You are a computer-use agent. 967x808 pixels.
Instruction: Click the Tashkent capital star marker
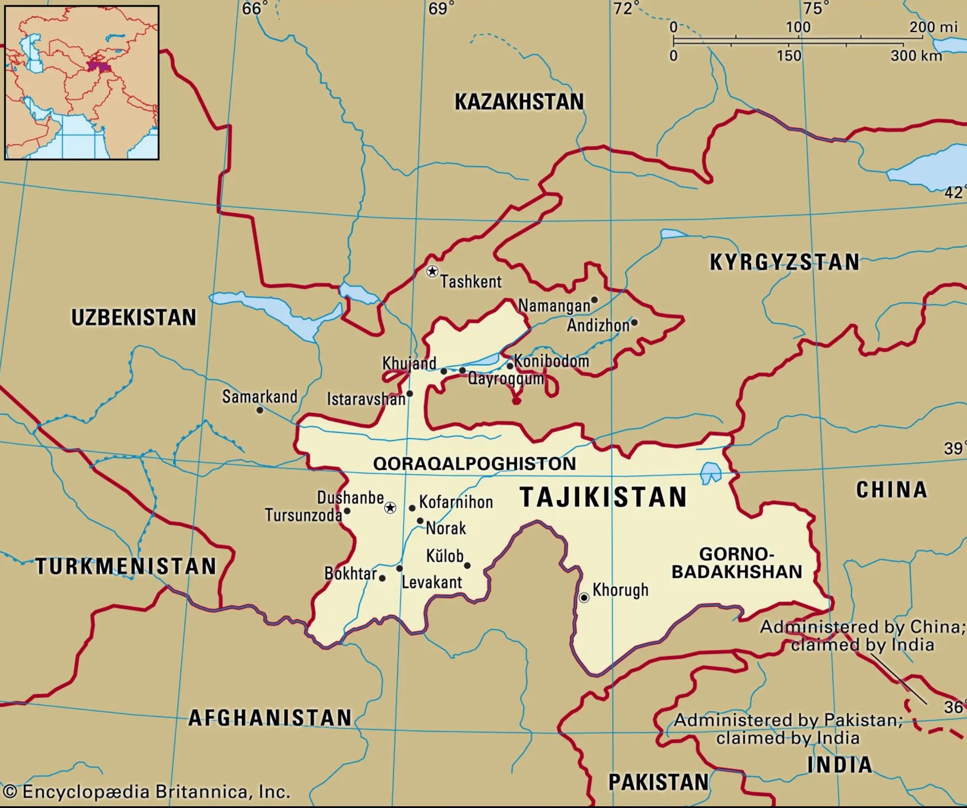(x=432, y=271)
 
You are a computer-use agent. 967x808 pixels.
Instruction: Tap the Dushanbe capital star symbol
(x=390, y=508)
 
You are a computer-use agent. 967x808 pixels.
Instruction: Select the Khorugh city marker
(x=584, y=598)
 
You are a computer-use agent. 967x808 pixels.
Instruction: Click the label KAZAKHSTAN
(x=519, y=102)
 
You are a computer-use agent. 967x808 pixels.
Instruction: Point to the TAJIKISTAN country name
(x=603, y=497)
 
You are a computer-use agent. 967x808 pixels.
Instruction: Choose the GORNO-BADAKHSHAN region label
(x=736, y=563)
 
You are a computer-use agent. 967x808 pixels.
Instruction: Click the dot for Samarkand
(x=260, y=410)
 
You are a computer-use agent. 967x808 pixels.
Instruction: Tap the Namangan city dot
(x=594, y=300)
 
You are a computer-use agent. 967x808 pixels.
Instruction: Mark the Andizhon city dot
(x=634, y=322)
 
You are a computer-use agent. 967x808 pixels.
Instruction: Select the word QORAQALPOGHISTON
(x=474, y=463)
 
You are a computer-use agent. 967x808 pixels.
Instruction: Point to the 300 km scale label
(x=916, y=56)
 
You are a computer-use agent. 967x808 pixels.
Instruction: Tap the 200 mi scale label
(x=933, y=27)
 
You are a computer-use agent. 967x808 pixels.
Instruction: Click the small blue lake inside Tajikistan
(x=710, y=473)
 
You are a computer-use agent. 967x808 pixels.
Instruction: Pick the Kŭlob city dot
(x=467, y=565)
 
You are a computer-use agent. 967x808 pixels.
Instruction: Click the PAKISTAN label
(x=658, y=782)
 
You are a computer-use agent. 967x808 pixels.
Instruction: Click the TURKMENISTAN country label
(x=126, y=566)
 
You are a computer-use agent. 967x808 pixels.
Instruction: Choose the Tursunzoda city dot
(x=347, y=511)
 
